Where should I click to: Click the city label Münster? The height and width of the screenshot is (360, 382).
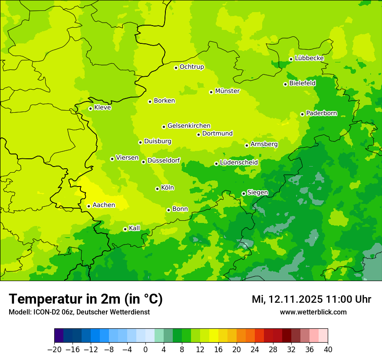point(227,91)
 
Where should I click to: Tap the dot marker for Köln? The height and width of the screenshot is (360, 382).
point(157,189)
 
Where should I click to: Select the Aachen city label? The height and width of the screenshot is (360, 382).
point(104,205)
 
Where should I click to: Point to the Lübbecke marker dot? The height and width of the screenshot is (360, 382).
point(291,59)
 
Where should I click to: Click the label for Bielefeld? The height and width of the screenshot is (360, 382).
point(303,83)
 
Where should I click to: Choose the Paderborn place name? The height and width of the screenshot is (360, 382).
point(322,113)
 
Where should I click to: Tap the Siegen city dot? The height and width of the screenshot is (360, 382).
point(244,193)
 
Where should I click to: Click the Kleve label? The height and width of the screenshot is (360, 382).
point(102,108)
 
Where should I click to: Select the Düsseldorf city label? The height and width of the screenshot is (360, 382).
point(164,161)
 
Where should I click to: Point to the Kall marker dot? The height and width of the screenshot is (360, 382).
point(125,229)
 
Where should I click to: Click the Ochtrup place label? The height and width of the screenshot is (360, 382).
point(192,67)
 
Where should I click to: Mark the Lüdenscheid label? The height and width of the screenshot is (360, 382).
point(239,163)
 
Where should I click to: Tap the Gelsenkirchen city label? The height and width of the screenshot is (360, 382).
point(189,126)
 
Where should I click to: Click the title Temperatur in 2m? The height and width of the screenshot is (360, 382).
point(86,299)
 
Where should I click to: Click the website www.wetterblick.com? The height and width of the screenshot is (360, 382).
point(313,312)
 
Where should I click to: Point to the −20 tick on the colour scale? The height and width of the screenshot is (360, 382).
point(54,350)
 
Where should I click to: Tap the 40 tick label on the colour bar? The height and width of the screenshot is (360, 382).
point(328,350)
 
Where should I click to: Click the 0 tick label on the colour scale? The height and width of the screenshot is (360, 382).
point(145,350)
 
